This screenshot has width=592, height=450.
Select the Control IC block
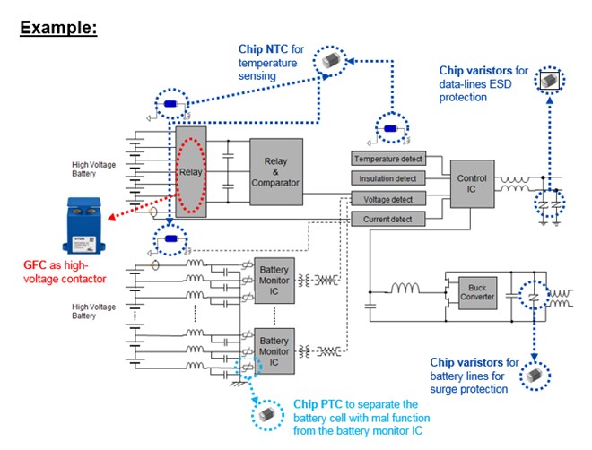point(472,184)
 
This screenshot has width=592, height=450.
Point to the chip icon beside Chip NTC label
point(332,61)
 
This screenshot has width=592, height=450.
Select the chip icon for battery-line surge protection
point(535,375)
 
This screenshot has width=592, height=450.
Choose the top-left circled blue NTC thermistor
point(170,105)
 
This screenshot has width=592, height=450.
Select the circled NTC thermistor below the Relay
point(170,239)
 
